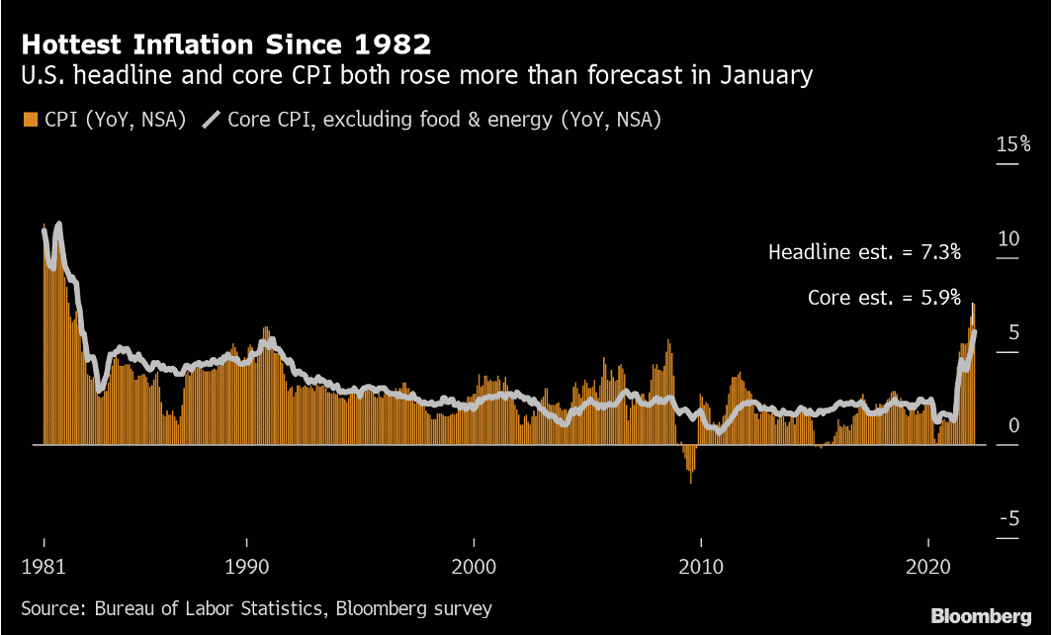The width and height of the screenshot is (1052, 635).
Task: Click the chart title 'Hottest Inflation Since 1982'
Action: tap(225, 45)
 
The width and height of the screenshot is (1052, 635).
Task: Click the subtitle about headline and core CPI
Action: tap(416, 75)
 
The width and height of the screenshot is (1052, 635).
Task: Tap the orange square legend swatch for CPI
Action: tap(30, 121)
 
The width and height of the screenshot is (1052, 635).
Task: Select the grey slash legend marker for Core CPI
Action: tap(211, 121)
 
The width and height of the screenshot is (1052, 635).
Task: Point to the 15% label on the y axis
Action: tap(1012, 145)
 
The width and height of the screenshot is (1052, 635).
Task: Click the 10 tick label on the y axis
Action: tap(1008, 238)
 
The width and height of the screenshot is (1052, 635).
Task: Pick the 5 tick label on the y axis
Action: tap(1012, 332)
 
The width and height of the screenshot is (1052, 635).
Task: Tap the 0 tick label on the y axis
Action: tap(1012, 425)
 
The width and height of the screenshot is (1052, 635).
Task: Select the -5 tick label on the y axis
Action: tap(1008, 519)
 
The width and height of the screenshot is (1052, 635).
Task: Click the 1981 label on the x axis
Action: tap(44, 570)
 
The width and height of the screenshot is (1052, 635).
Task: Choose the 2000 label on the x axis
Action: tap(475, 570)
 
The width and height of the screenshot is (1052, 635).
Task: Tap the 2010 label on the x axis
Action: tap(701, 570)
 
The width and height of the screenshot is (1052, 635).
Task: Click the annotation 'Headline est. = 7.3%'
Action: tap(864, 252)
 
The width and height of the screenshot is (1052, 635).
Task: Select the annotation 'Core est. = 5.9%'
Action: tap(884, 297)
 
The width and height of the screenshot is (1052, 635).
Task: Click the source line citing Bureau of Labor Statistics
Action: tap(256, 608)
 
